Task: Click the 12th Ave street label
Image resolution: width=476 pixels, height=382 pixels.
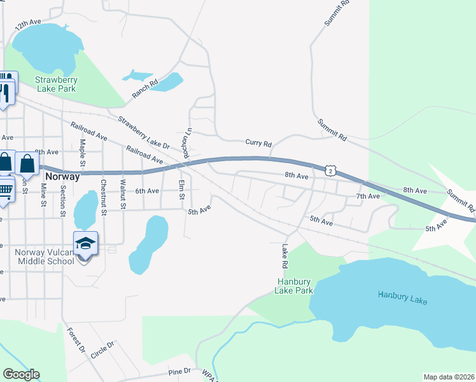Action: pyautogui.click(x=28, y=25)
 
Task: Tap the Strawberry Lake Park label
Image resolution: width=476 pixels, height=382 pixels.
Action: pyautogui.click(x=56, y=84)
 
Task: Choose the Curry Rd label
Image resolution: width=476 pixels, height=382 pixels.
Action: pyautogui.click(x=258, y=143)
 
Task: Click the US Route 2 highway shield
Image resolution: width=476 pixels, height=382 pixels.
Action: pyautogui.click(x=329, y=170)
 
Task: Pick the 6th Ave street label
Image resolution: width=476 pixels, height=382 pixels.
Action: pyautogui.click(x=146, y=191)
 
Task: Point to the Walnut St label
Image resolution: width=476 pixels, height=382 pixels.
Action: pyautogui.click(x=123, y=194)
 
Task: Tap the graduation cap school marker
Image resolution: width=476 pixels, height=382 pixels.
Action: pyautogui.click(x=85, y=244)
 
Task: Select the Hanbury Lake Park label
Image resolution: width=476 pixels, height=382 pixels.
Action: pyautogui.click(x=294, y=286)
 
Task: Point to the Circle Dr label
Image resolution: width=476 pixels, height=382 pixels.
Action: pyautogui.click(x=102, y=350)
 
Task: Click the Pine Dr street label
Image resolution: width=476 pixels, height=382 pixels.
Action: pyautogui.click(x=179, y=371)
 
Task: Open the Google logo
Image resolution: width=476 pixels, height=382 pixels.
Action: pyautogui.click(x=21, y=374)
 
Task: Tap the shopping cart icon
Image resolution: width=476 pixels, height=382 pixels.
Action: pyautogui.click(x=5, y=188)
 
